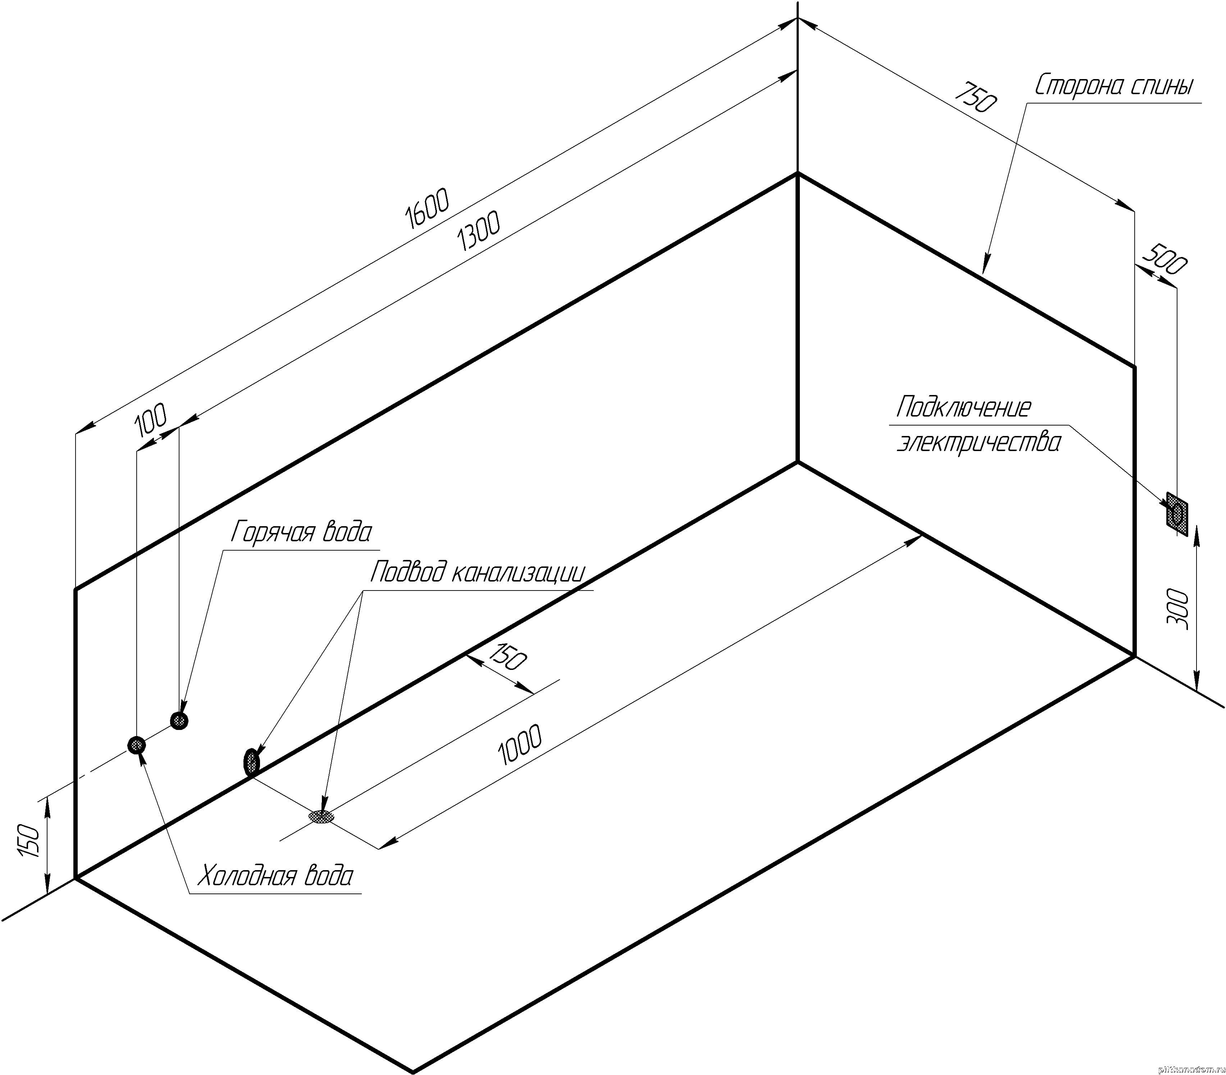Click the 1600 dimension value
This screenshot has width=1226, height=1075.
click(x=427, y=209)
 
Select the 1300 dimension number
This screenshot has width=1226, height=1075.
click(x=478, y=232)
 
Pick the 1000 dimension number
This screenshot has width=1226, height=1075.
click(x=519, y=745)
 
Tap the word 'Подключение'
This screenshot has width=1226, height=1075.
click(x=963, y=408)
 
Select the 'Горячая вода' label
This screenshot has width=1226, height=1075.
click(x=301, y=532)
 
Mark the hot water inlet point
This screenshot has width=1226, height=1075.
click(x=179, y=720)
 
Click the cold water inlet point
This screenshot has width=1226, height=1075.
click(x=137, y=745)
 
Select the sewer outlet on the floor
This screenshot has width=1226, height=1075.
click(x=322, y=817)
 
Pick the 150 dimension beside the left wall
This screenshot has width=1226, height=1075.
click(x=30, y=841)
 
